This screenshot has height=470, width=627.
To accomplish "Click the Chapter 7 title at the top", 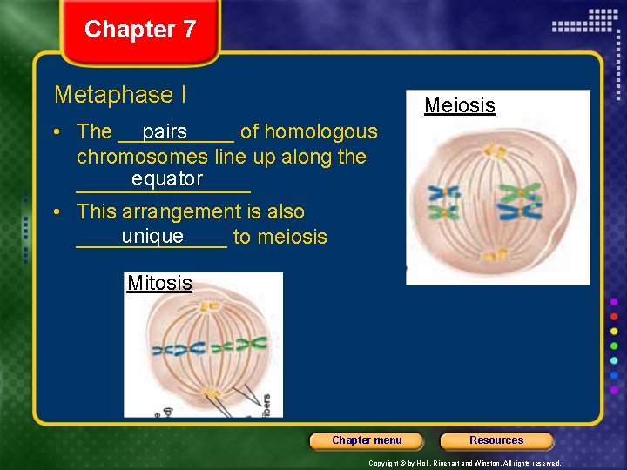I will click(x=140, y=30).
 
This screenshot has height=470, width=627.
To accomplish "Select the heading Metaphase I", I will click(x=120, y=94).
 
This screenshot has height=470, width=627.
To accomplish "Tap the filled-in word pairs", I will click(x=165, y=132).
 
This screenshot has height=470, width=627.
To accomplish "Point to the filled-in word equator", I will click(x=167, y=179).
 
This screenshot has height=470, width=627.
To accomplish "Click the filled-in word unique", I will click(x=152, y=237).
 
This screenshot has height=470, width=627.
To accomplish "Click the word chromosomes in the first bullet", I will click(x=142, y=158).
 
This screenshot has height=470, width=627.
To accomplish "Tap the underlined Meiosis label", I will click(x=459, y=106).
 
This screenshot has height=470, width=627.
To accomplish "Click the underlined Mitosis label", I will click(x=159, y=283).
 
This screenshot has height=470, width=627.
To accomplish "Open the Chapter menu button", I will click(x=367, y=440).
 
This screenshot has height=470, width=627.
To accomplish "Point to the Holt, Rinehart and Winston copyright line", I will click(x=465, y=463).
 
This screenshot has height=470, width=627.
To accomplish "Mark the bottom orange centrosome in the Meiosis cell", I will click(x=496, y=255).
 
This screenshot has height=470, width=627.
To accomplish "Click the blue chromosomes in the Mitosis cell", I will click(x=179, y=350).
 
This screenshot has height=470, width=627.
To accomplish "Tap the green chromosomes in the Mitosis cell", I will click(x=237, y=346).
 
